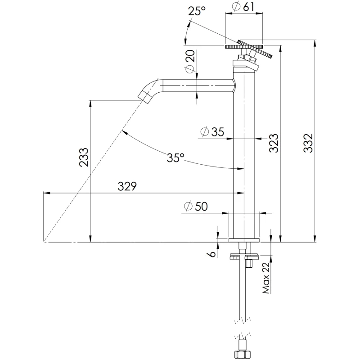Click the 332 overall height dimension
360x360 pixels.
(308, 143)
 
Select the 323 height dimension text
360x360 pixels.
(274, 143)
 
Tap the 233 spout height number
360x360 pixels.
(84, 157)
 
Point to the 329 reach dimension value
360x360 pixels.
(127, 186)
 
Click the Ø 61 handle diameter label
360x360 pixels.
(243, 7)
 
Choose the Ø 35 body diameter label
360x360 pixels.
(212, 132)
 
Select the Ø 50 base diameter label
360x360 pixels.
(196, 206)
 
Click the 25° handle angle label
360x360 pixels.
(197, 11)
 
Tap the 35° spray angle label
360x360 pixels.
(175, 157)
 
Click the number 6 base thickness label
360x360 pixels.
(212, 254)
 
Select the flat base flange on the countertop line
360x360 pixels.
(244, 240)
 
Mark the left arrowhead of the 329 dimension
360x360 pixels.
(47, 193)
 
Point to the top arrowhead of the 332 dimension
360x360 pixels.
(315, 43)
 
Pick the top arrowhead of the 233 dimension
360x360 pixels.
(91, 103)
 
